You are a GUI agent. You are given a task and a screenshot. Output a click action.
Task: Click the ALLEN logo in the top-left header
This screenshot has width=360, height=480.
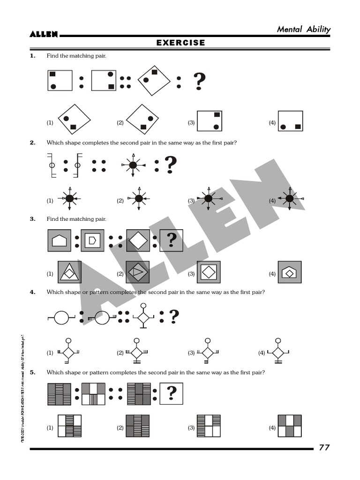44,34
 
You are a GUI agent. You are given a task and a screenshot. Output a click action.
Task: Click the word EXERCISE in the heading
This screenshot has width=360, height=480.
180,43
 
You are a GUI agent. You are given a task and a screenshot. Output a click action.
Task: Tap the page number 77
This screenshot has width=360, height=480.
324,447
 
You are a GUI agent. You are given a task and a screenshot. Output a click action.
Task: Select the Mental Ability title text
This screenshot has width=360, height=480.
303,30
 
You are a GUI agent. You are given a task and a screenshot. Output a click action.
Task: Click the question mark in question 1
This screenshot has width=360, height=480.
199,82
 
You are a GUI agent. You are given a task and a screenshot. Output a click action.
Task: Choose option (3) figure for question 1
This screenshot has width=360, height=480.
209,121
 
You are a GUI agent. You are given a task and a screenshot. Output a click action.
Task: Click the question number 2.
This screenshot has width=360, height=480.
32,142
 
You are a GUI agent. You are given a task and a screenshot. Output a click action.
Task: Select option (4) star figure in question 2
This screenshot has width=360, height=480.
290,199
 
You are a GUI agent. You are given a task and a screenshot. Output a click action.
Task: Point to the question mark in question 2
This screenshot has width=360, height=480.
171,165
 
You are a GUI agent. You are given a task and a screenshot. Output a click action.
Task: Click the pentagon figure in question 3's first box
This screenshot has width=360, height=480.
59,241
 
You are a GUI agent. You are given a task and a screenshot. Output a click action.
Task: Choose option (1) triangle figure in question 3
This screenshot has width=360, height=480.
69,272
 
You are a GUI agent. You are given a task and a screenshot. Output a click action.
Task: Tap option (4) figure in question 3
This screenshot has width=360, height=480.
289,272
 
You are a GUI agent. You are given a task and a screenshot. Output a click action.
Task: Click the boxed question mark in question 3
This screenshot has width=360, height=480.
171,241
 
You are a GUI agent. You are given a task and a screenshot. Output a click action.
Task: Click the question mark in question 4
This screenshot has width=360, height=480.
174,317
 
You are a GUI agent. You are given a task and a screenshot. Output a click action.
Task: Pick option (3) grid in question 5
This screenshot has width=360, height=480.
209,426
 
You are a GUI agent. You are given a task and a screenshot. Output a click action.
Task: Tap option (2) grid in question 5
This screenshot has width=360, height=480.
137,426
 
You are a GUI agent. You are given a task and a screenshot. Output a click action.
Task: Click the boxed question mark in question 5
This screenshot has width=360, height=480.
171,393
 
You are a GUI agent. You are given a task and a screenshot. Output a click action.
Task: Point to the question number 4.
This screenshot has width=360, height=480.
32,292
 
